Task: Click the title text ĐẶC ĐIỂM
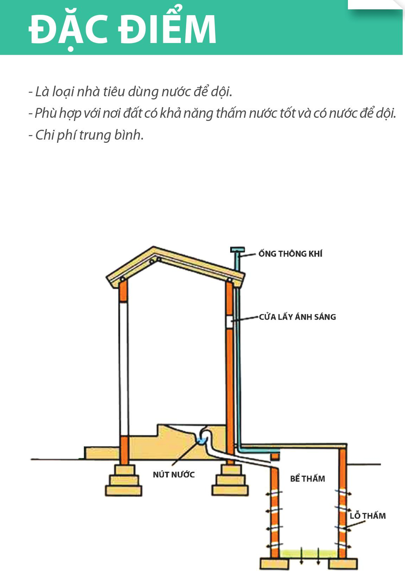pos(122,29)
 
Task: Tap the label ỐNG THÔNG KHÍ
pos(290,254)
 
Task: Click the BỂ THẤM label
pos(307,478)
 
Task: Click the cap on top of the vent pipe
pos(237,250)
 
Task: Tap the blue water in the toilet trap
pos(201,440)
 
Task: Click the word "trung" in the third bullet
pos(94,135)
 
